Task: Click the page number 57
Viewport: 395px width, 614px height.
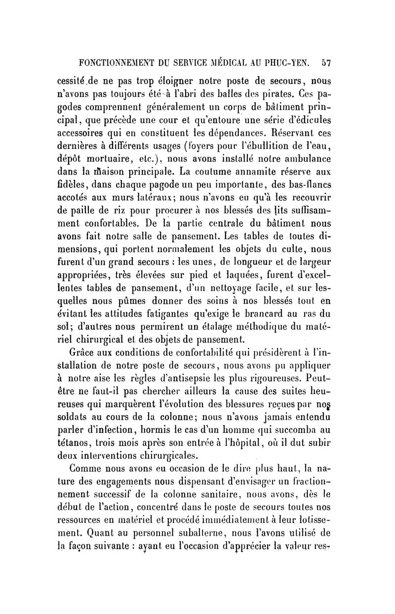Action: [x=326, y=63]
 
